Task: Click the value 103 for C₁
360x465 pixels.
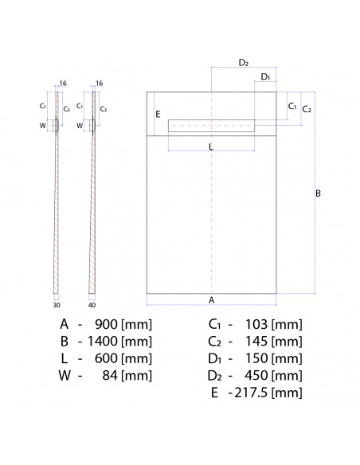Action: point(256,324)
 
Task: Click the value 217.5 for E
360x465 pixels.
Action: point(250,393)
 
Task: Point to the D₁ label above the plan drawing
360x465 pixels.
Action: point(265,76)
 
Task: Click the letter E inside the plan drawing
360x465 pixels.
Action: point(158,115)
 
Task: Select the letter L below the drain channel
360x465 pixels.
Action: point(210,147)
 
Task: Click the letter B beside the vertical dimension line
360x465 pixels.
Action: point(318,193)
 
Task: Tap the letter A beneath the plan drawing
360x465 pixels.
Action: point(211,300)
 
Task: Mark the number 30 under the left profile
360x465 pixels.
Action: point(57,303)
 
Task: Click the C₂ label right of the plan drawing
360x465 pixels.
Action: point(307,109)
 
